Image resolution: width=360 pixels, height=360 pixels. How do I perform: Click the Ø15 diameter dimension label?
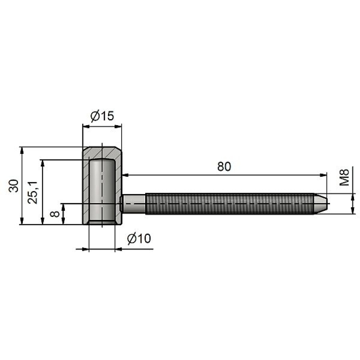pyautogui.click(x=102, y=116)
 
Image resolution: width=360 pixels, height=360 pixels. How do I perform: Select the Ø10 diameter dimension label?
pyautogui.click(x=139, y=239)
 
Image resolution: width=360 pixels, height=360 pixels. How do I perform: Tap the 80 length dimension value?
pyautogui.click(x=224, y=166)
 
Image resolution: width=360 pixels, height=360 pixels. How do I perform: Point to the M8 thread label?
pyautogui.click(x=344, y=177)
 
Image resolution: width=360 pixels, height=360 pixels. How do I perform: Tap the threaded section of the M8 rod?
pyautogui.click(x=228, y=204)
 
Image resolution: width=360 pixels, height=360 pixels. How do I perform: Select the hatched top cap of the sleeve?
pyautogui.click(x=102, y=153)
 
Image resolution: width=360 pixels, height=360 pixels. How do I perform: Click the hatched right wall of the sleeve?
pyautogui.click(x=119, y=188)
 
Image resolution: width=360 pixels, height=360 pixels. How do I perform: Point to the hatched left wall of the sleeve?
pyautogui.click(x=86, y=188)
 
